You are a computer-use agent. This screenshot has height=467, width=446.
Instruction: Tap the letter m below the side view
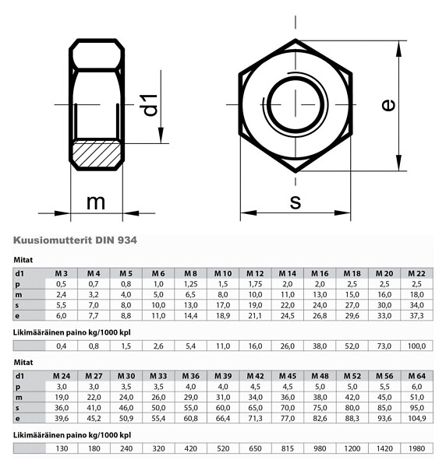click(95, 202)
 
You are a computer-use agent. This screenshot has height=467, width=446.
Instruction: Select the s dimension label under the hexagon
click(295, 201)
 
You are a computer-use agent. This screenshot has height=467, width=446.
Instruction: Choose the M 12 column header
click(255, 273)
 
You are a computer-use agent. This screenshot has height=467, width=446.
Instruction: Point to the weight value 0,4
click(62, 345)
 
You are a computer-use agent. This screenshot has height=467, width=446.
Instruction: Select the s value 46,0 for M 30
click(126, 407)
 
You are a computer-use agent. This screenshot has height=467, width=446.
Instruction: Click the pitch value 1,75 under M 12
click(255, 284)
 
